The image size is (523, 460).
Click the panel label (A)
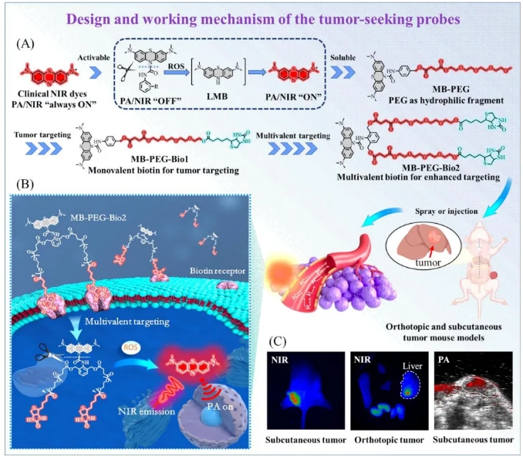[x=25, y=44]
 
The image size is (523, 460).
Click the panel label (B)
[x=25, y=185]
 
